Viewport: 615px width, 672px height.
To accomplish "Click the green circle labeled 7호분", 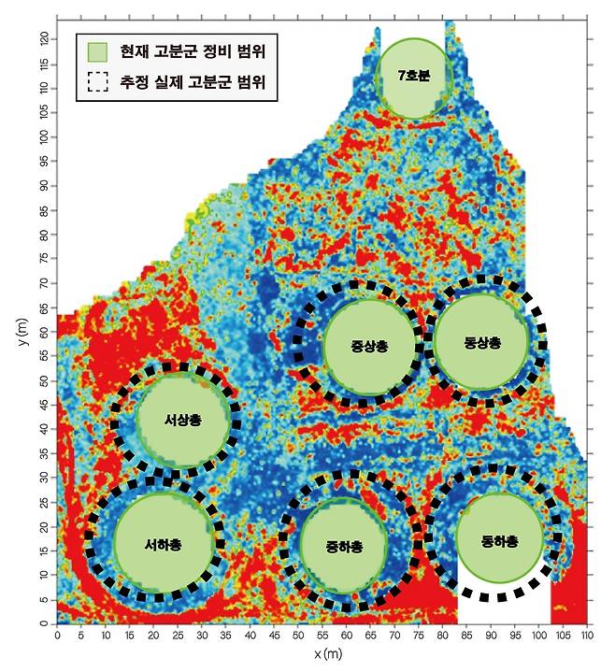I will tap(412, 78).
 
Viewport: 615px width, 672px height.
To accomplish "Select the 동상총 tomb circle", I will tap(482, 343).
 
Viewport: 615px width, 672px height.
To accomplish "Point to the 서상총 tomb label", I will tap(183, 421).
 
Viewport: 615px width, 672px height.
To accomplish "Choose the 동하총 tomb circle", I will tap(499, 541).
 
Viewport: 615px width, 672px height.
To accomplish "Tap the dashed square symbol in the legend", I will tap(98, 82).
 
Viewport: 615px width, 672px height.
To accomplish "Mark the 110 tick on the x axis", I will tap(587, 636).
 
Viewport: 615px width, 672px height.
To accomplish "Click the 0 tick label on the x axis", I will tap(58, 636).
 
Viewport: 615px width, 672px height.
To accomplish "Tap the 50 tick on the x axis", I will tap(298, 636).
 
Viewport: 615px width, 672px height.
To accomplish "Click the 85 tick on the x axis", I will tap(466, 636).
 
